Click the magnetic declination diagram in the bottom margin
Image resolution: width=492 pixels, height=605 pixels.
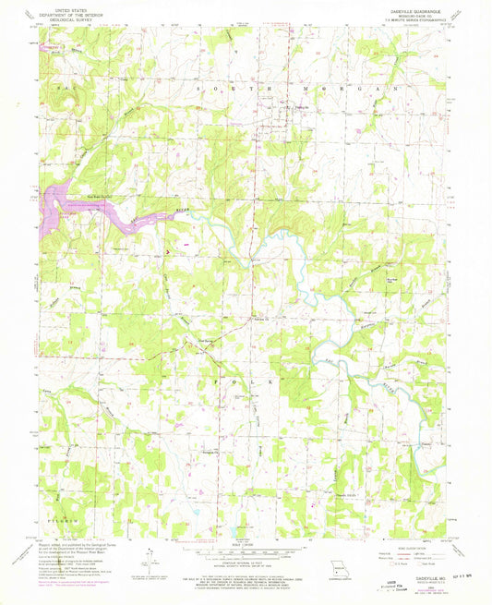point(148,559)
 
